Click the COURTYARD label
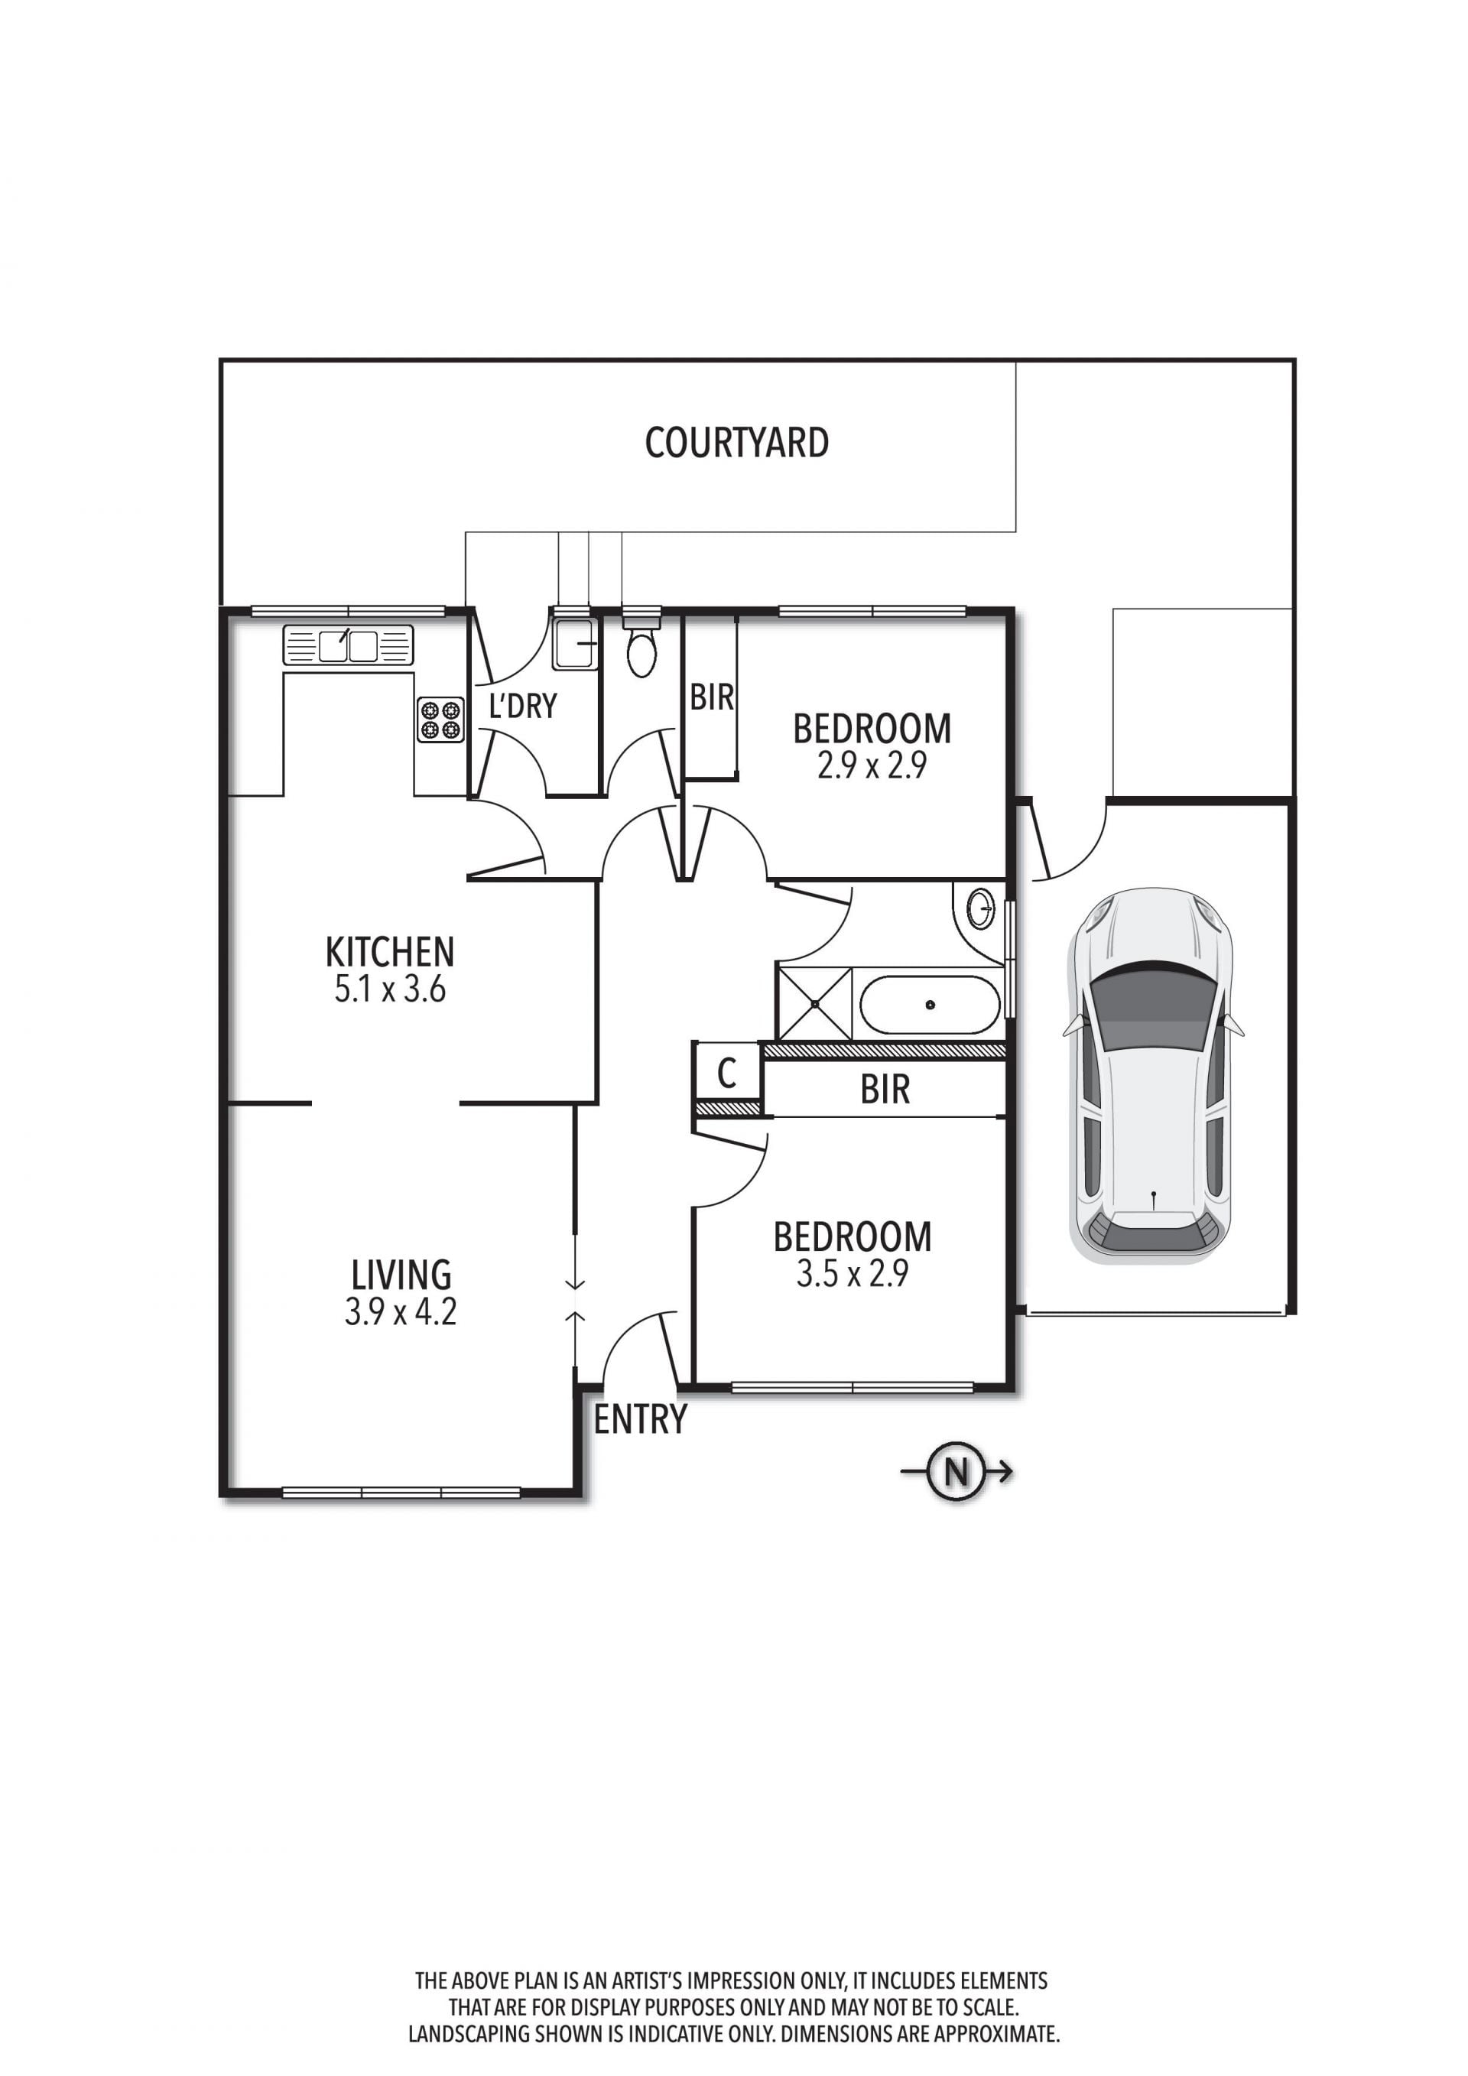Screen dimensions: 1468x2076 pos(737,443)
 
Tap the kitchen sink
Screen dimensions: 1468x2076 pos(348,645)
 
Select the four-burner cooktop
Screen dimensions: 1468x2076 pos(440,720)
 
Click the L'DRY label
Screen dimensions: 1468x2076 pos(522,707)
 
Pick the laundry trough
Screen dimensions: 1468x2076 pos(574,643)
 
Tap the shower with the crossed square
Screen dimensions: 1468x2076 pos(814,1004)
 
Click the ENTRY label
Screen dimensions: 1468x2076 pos(640,1420)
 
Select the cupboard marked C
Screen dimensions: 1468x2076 pos(728,1074)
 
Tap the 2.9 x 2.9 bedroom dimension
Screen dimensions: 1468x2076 pos(872,767)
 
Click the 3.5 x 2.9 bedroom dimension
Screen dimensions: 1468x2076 pos(852,1274)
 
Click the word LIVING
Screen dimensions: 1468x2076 pos(401,1275)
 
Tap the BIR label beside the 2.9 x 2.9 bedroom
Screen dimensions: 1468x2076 pos(711,698)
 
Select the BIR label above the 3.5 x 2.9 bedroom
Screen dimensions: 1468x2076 pos(885,1090)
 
